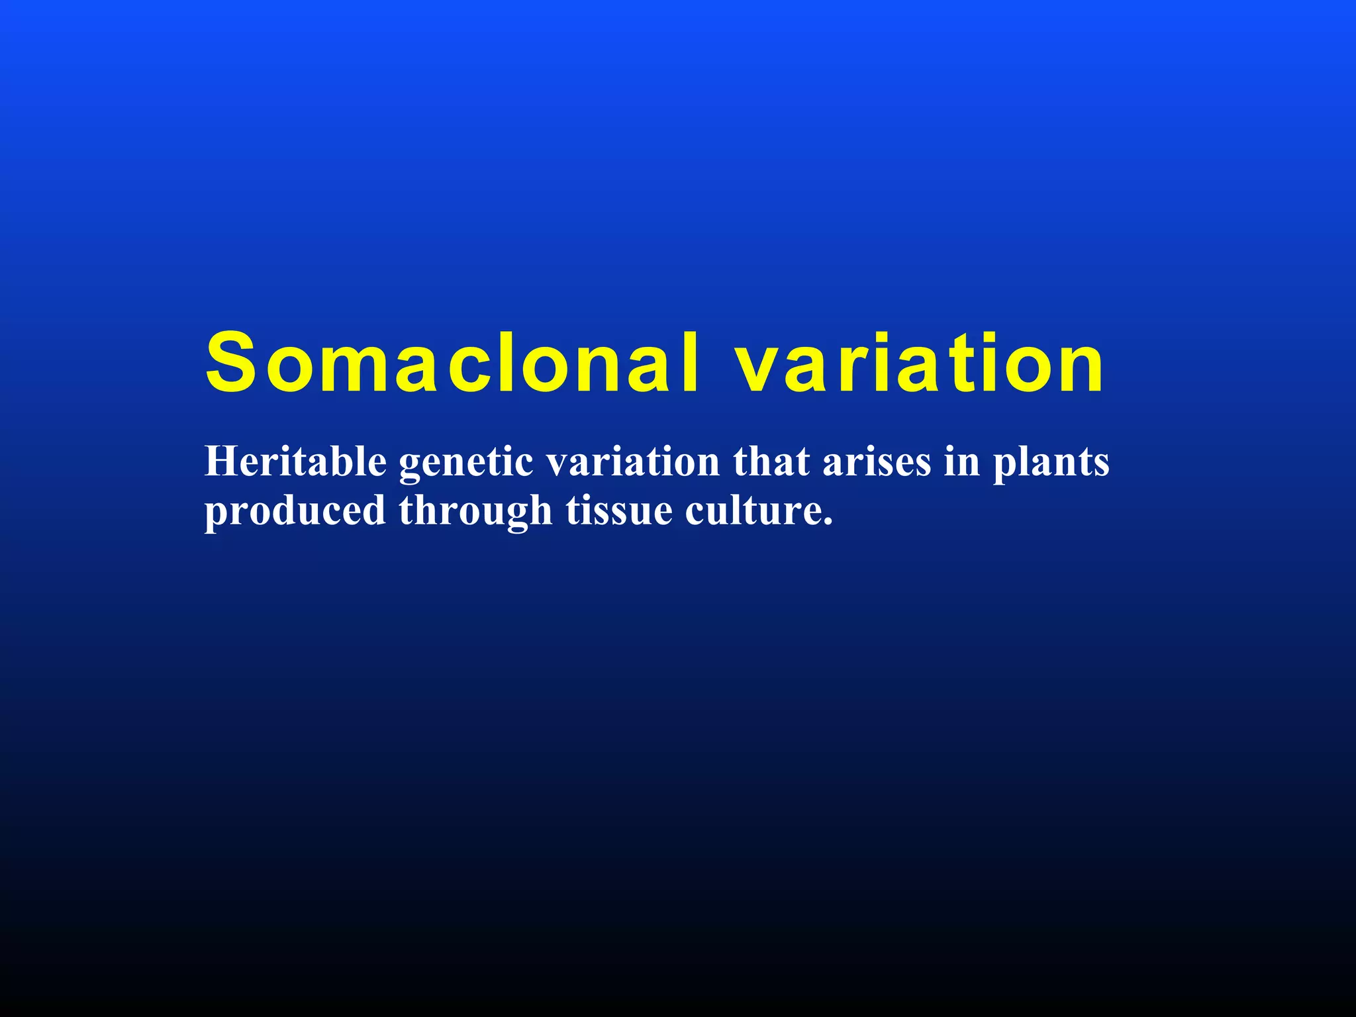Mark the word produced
click(x=295, y=511)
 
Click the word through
click(x=475, y=511)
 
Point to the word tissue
click(x=619, y=511)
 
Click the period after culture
click(x=827, y=522)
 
